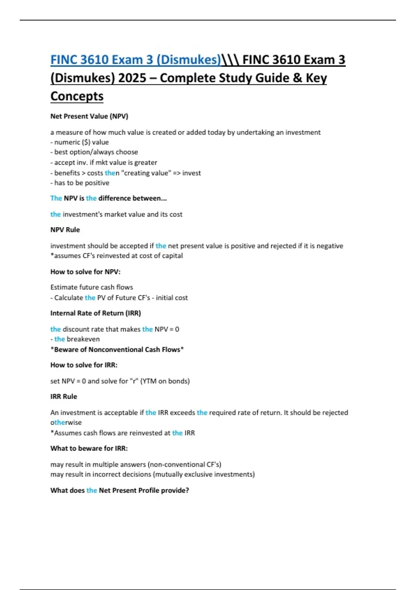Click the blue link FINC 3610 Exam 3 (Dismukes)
(136, 60)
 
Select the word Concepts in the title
(77, 96)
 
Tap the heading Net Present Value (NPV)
(89, 116)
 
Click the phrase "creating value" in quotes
(146, 173)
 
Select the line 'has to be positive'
(81, 183)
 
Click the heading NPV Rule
(65, 230)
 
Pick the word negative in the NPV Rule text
(330, 246)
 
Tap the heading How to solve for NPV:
(85, 272)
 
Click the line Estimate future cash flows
(92, 287)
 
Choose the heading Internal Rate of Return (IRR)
(95, 313)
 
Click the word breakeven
(83, 339)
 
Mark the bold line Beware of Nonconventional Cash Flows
(117, 349)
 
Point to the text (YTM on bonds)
(165, 381)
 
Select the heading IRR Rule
(63, 396)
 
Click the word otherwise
(66, 422)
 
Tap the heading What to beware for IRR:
(89, 448)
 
